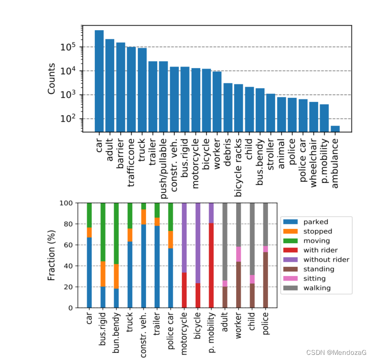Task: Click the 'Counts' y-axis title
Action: [x=51, y=79]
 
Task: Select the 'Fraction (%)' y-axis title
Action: [x=51, y=255]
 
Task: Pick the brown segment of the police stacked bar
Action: [x=265, y=280]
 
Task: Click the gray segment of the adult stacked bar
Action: [x=224, y=241]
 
